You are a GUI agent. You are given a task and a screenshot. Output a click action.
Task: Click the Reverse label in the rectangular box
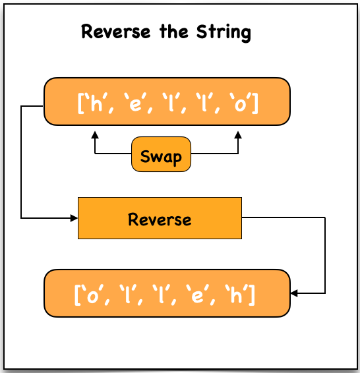pyautogui.click(x=160, y=219)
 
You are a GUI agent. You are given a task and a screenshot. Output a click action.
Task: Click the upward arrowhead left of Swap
pyautogui.click(x=95, y=134)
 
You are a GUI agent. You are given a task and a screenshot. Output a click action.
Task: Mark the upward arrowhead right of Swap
pyautogui.click(x=238, y=134)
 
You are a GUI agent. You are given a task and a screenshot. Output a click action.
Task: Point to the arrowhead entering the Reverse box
pyautogui.click(x=73, y=217)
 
